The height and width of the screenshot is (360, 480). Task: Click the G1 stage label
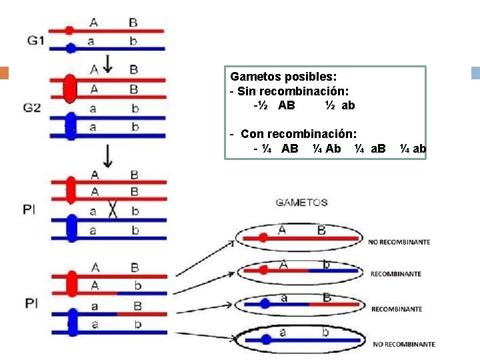[x=36, y=41]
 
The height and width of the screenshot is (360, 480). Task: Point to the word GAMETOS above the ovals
[x=301, y=203]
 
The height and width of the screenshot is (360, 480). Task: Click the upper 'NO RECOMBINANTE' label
[x=399, y=242]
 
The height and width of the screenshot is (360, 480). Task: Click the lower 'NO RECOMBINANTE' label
[x=404, y=344]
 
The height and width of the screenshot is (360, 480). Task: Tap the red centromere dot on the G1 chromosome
[x=70, y=31]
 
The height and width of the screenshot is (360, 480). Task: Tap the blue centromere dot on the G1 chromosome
[x=70, y=47]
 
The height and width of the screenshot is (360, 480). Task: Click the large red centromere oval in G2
[x=69, y=89]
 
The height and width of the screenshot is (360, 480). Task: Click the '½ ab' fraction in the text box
[x=340, y=105]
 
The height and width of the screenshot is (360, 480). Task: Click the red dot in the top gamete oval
[x=263, y=237]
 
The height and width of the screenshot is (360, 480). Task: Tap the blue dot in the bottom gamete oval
[x=266, y=339]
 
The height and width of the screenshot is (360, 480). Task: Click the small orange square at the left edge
[x=3, y=73]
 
